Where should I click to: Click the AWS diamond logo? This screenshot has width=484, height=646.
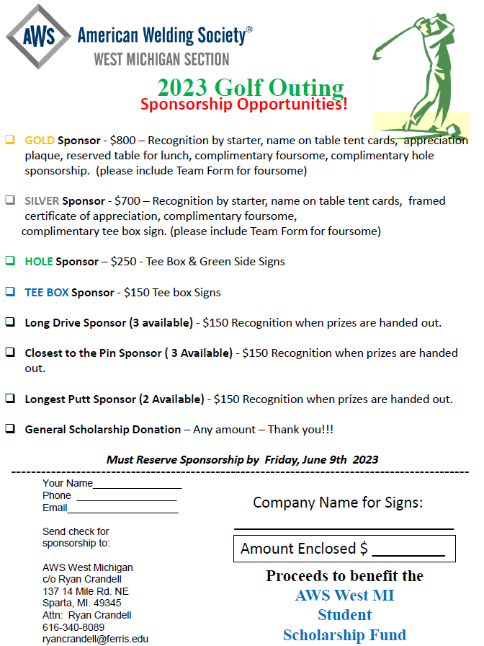(37, 37)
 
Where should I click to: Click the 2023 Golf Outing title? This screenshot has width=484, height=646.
(250, 88)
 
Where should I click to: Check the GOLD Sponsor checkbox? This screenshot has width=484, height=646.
(10, 140)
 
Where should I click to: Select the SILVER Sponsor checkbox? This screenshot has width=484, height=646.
(10, 200)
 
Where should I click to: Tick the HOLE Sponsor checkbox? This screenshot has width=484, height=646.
(10, 261)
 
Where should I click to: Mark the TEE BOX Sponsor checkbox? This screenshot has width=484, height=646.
(10, 292)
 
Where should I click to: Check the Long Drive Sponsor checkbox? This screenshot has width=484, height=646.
(10, 322)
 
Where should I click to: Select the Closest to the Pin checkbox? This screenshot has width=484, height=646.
(10, 353)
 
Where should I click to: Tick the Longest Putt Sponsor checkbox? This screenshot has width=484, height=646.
(10, 398)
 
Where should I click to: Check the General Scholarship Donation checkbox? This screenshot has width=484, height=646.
(10, 429)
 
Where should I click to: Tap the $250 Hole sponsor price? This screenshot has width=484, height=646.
(122, 262)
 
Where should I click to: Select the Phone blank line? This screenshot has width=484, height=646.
(126, 497)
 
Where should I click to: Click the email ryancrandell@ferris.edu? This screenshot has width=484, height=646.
(95, 639)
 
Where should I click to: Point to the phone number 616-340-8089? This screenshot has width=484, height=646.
(73, 627)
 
